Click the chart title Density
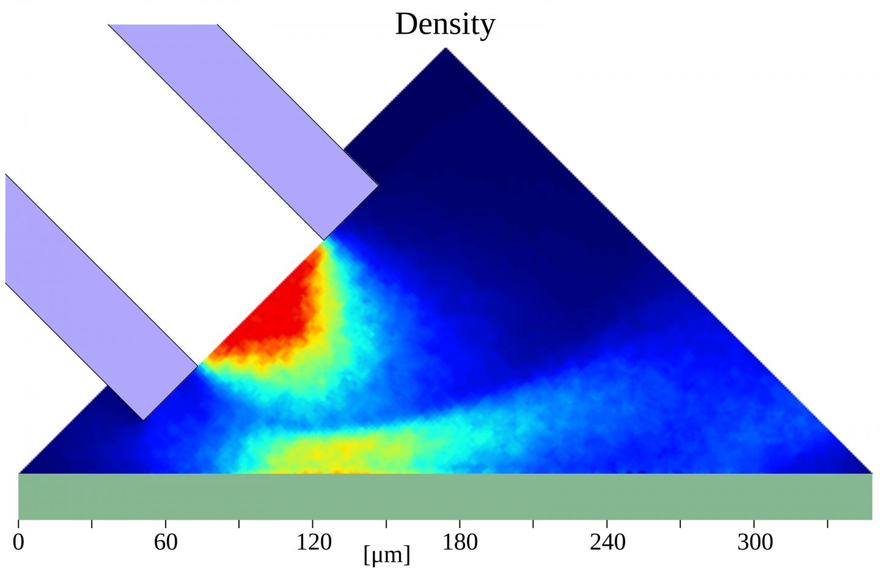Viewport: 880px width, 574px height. (x=445, y=24)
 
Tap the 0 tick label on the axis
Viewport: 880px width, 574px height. (x=18, y=542)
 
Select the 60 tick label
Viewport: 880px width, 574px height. (x=166, y=542)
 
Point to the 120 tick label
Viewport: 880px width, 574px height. (x=313, y=542)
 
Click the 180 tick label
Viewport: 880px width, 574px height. (x=460, y=542)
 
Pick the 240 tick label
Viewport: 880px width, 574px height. (x=607, y=542)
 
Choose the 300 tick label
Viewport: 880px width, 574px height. (x=755, y=542)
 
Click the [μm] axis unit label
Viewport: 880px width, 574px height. (x=386, y=555)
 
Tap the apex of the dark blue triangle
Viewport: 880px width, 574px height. (x=446, y=49)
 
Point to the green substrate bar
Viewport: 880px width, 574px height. (x=445, y=496)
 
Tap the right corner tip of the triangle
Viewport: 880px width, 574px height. (x=870, y=472)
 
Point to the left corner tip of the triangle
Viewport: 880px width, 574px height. (x=20, y=472)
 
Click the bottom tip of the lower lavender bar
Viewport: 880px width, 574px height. (x=143, y=419)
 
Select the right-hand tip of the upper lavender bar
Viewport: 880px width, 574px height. (x=378, y=185)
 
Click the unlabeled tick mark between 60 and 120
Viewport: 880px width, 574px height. (x=239, y=523)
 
